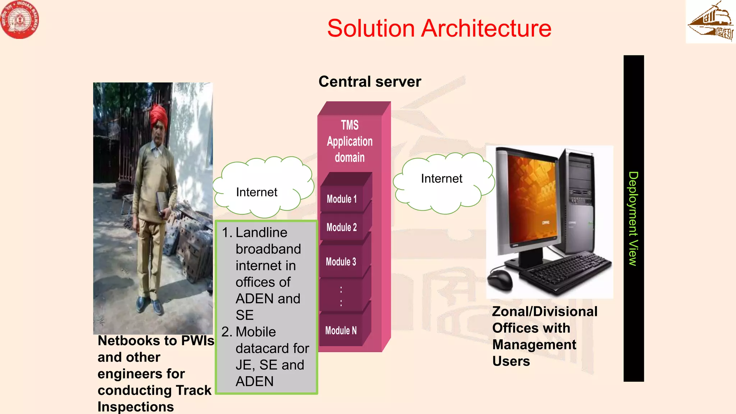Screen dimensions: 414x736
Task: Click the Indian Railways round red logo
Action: point(19,19)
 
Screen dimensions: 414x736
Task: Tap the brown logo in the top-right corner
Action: point(710,22)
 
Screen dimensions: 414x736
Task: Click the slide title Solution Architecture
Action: point(439,28)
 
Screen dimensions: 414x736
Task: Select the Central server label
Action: point(369,82)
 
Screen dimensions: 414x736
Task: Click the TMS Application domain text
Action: point(350,141)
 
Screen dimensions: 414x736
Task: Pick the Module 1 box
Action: point(342,199)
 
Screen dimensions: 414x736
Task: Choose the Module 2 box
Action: point(342,227)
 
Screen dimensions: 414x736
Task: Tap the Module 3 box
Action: point(341,262)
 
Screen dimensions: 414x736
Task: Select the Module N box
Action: point(341,330)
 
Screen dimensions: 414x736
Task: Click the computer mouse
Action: point(500,279)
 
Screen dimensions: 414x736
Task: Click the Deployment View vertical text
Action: point(633,218)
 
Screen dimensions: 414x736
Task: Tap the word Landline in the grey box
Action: point(261,233)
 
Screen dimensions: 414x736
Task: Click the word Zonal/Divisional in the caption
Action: point(544,312)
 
